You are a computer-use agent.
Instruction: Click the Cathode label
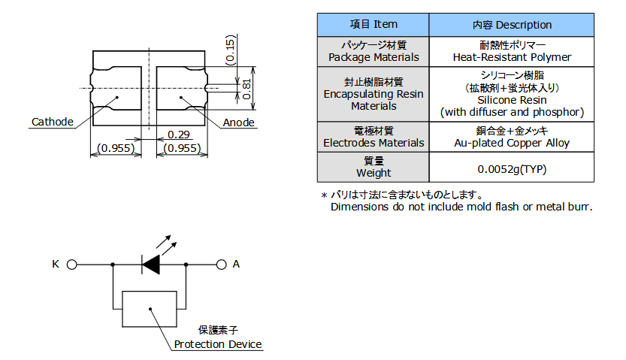(52, 122)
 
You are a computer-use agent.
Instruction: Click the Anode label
(238, 123)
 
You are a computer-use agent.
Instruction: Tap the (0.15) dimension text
(230, 50)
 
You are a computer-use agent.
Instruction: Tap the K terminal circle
(72, 265)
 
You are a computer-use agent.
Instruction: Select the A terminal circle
(222, 265)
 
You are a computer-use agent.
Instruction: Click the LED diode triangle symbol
(151, 265)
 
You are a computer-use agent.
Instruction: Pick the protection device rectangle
(150, 309)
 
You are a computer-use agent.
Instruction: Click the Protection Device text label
(218, 344)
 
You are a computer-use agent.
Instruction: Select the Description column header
(512, 25)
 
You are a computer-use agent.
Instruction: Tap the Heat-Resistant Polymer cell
(512, 57)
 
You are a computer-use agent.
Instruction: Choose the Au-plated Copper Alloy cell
(512, 143)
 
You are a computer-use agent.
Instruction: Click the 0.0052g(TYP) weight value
(512, 168)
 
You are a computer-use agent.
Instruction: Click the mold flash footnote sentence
(461, 207)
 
